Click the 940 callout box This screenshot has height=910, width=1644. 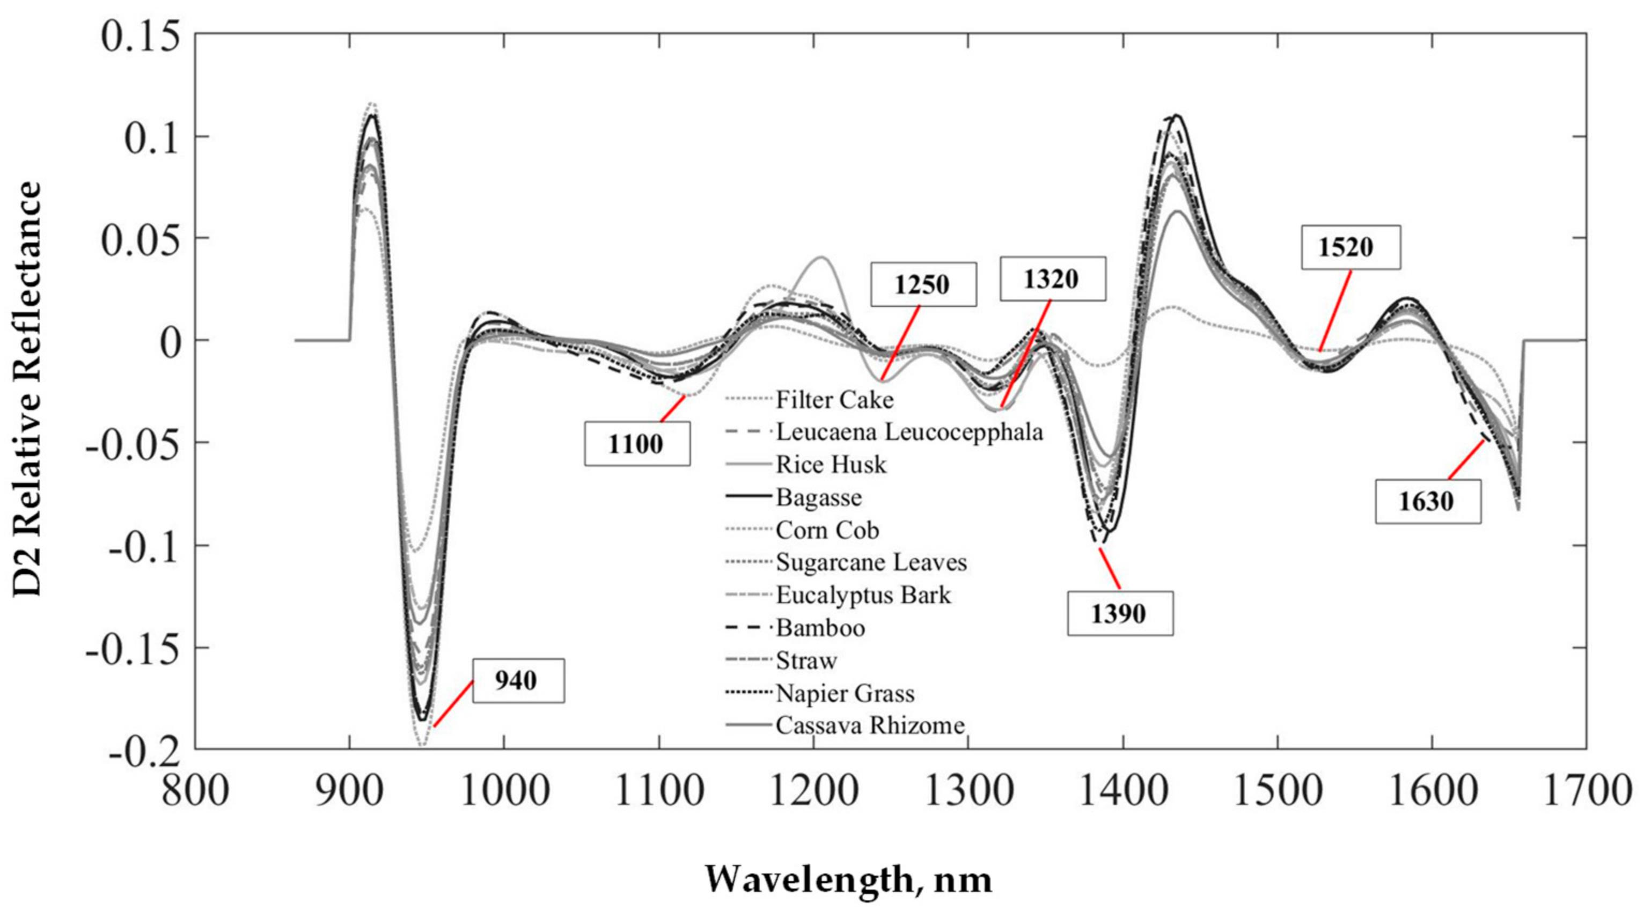point(518,681)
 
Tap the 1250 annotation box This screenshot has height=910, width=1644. point(923,284)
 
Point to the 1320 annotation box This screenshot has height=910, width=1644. point(1052,279)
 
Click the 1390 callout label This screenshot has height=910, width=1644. point(1119,613)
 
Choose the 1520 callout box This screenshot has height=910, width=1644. point(1351,247)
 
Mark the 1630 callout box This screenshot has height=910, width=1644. point(1427,502)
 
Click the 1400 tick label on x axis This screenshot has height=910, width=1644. point(1123,791)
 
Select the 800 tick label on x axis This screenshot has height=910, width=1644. point(195,791)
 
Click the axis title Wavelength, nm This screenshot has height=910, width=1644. point(848,879)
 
